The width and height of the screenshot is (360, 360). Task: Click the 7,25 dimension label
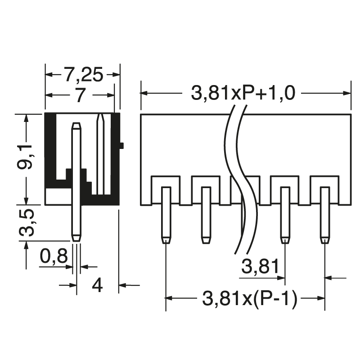pos(83,74)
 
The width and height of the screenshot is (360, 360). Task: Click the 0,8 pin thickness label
pos(54,257)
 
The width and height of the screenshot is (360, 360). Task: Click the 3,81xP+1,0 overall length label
pos(243,93)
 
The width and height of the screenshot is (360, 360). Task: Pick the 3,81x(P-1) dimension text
pos(250,298)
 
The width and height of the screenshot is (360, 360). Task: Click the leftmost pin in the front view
pos(166,214)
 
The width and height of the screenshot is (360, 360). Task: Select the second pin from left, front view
pos(206,214)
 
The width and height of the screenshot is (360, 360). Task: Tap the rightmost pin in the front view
pos(325,214)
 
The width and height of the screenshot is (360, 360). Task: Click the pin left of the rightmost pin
pos(284,214)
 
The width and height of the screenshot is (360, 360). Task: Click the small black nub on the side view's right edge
pos(121,145)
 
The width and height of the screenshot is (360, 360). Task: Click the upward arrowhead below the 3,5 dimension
pos(27,246)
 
